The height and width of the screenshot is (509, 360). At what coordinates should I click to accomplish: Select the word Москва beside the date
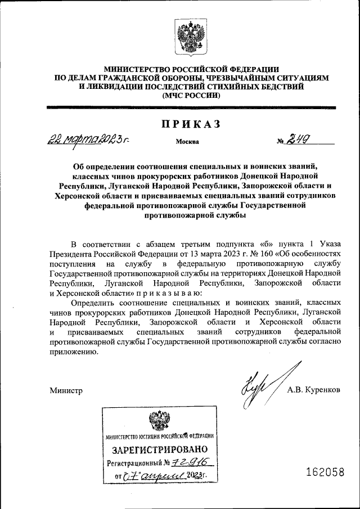coord(187,142)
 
